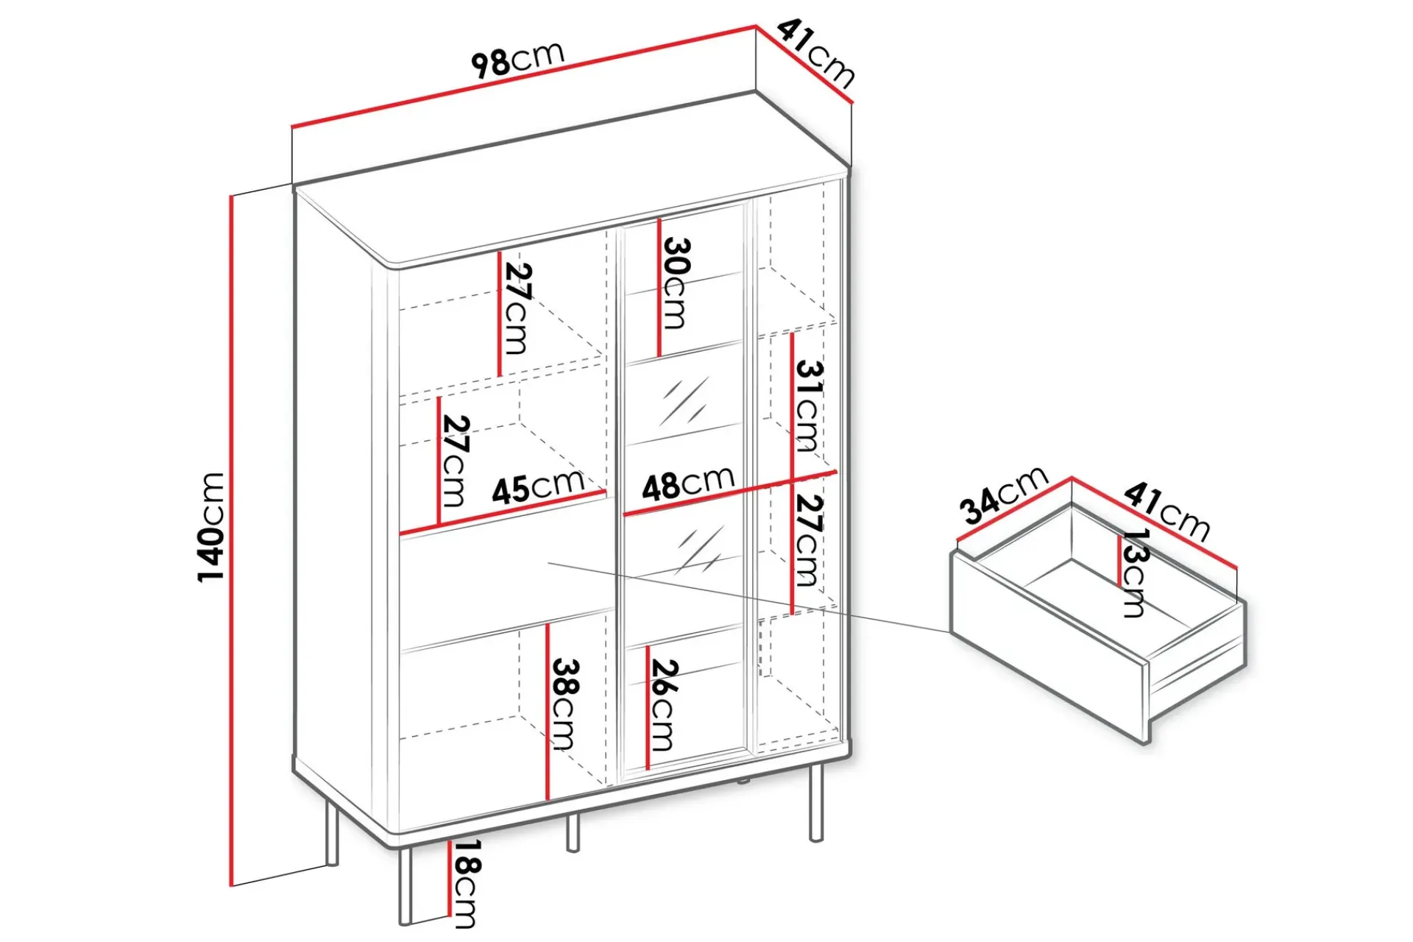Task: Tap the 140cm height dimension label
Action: pos(211,527)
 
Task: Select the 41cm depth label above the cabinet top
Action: pos(816,53)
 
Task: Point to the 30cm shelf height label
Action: pos(676,283)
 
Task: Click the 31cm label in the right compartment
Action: pos(808,406)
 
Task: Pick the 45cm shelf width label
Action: pos(538,486)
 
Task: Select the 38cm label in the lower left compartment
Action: pos(565,704)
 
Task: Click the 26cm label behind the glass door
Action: pos(663,705)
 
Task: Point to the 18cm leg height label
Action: pos(466,884)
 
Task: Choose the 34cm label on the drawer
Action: pos(1003,495)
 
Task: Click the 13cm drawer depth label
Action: pos(1134,573)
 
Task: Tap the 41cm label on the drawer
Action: pos(1166,511)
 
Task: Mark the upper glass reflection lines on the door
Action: pos(684,402)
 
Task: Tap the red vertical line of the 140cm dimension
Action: pos(231,540)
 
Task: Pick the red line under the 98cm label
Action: pos(524,77)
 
